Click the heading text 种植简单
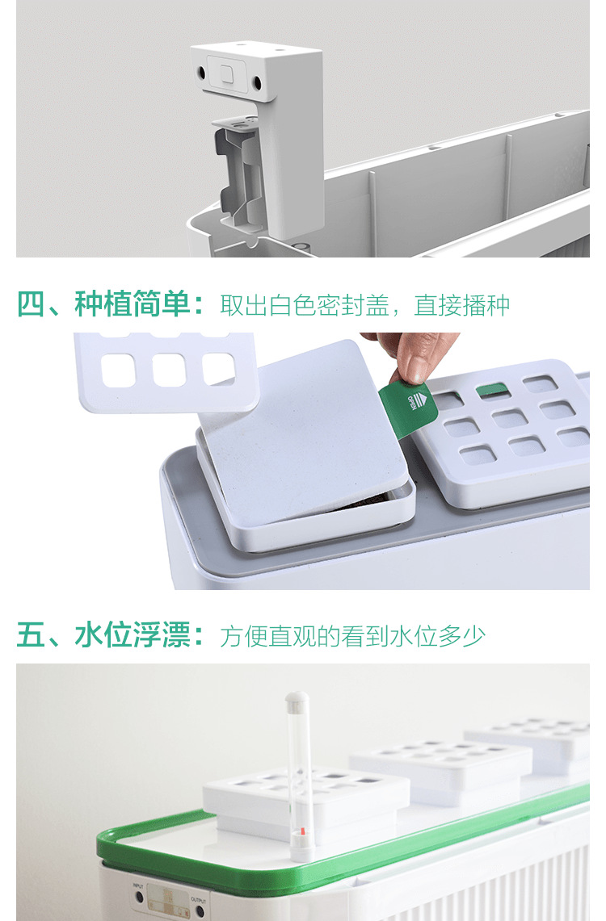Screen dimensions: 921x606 click(133, 305)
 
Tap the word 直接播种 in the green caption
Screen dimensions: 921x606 click(461, 305)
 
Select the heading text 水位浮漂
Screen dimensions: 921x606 click(133, 636)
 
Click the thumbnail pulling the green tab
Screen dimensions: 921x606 click(416, 367)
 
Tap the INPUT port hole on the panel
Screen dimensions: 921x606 click(139, 897)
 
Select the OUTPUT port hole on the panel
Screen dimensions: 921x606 click(200, 911)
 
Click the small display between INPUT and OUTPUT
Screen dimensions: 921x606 click(169, 899)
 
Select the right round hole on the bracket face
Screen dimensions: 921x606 click(257, 82)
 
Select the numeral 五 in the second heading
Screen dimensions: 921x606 click(30, 636)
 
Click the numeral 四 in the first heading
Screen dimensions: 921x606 click(30, 305)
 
